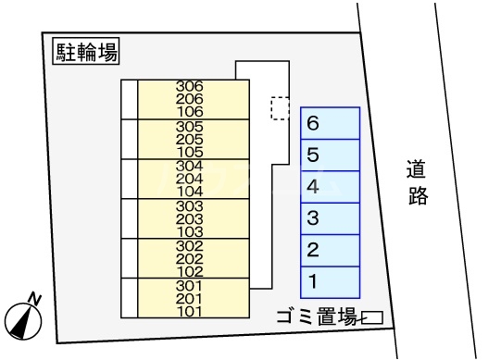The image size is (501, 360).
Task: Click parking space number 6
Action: coord(330,123)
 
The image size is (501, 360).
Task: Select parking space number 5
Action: coord(330,155)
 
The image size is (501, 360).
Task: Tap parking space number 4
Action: coord(330,186)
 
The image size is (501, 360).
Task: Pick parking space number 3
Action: coord(330,218)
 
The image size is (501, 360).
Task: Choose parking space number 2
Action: coord(330,249)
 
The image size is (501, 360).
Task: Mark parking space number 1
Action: coord(330,280)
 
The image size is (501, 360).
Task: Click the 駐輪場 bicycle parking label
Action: coord(85,53)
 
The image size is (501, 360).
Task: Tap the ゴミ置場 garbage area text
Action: coord(317,317)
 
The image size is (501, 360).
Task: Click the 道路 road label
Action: coord(418,182)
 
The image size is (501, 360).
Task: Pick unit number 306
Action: coord(189,87)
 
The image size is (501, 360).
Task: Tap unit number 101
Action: coord(189,310)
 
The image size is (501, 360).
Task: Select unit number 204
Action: coord(189,178)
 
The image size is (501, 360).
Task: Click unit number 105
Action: coord(189,151)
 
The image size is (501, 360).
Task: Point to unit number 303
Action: coord(189,205)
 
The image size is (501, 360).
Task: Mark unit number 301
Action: coord(189,285)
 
